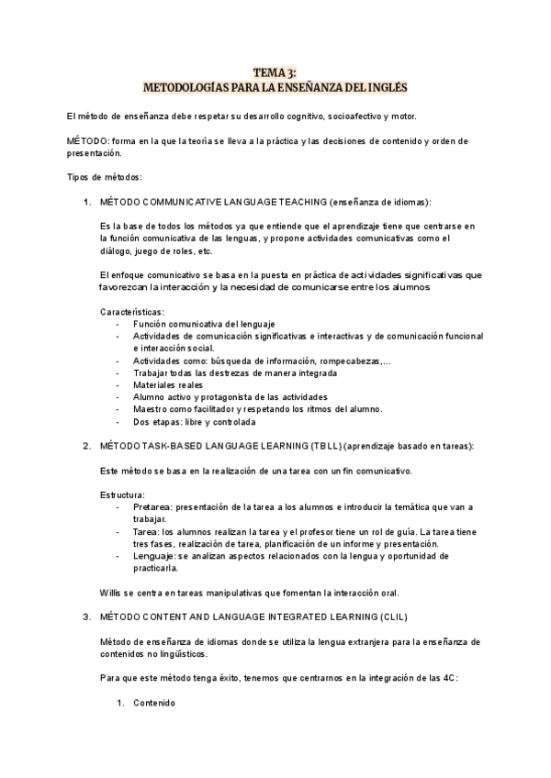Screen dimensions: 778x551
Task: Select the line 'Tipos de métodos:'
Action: coord(105,176)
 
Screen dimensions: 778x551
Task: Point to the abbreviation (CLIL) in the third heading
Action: coord(372,616)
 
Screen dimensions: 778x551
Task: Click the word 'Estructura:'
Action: coord(123,495)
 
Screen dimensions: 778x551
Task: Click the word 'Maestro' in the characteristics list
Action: coord(151,409)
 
